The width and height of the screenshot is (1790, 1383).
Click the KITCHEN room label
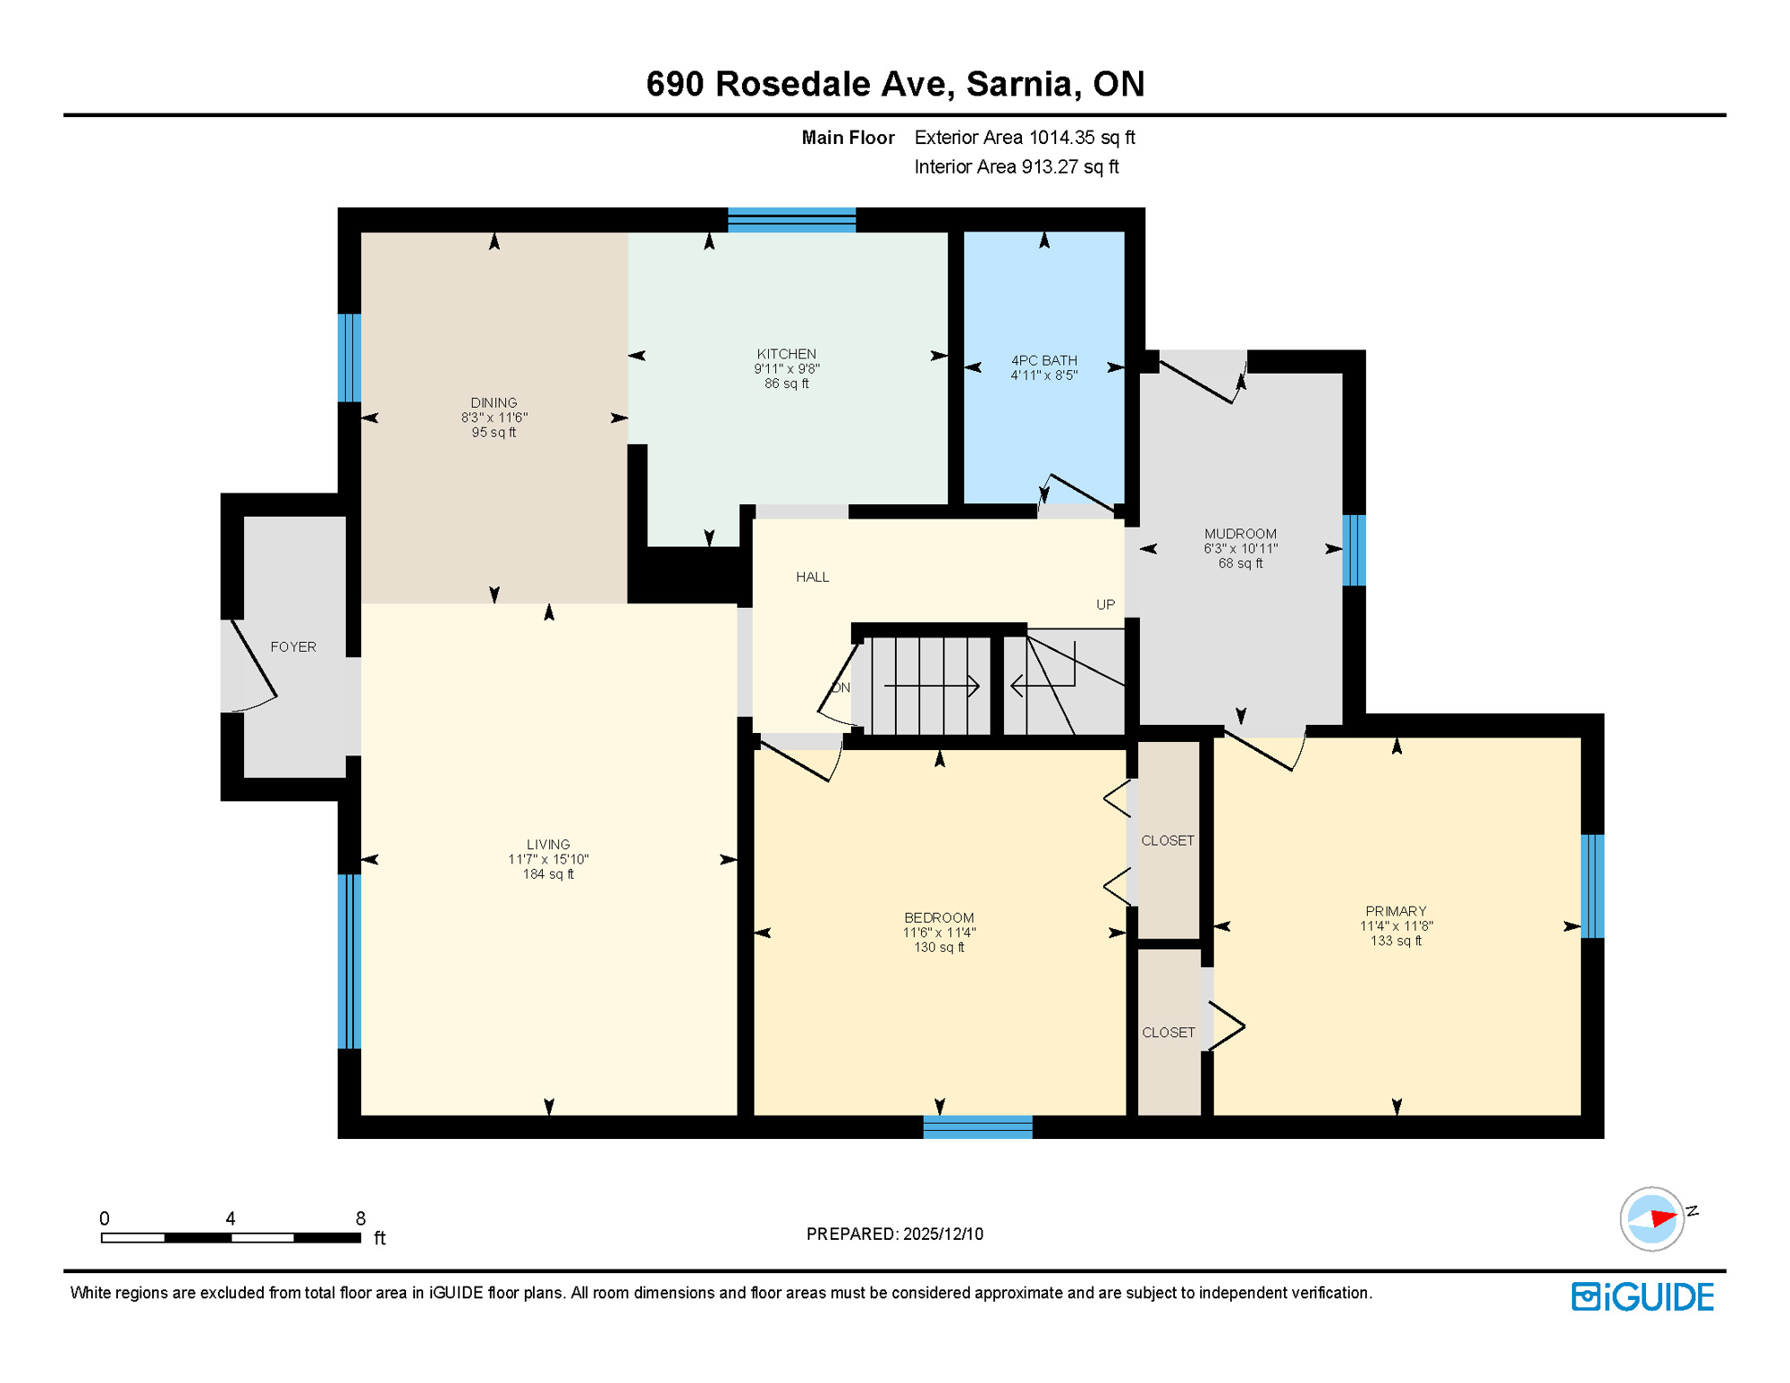point(786,354)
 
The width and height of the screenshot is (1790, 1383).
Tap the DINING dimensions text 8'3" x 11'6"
point(493,418)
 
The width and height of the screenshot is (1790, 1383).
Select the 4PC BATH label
point(1044,360)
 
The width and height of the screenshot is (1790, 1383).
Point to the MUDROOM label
point(1240,534)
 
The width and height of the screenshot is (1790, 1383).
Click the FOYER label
point(293,646)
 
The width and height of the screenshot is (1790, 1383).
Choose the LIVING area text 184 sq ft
point(547,874)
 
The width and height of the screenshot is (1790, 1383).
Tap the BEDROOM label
point(938,917)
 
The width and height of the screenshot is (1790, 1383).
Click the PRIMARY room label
point(1395,911)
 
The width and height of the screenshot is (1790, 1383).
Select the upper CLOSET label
point(1167,840)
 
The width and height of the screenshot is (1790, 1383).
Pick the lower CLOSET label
point(1168,1032)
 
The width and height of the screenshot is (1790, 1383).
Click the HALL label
point(811,576)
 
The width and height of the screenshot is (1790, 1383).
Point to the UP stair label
point(1105,604)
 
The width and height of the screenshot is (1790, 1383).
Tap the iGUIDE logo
point(1641,1297)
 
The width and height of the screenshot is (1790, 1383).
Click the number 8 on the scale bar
point(360,1218)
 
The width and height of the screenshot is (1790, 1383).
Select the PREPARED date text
point(894,1234)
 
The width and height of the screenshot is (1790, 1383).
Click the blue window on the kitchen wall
point(791,220)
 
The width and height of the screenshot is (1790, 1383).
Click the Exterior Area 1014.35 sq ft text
point(1024,138)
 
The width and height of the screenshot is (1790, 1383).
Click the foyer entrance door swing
point(252,662)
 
